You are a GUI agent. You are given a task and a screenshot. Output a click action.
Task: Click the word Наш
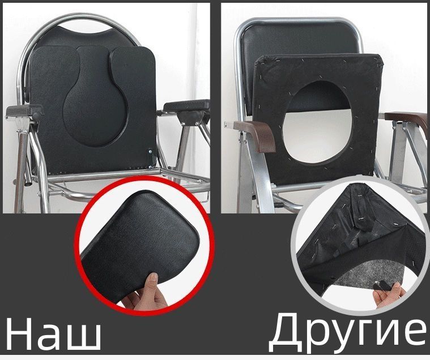click(53, 335)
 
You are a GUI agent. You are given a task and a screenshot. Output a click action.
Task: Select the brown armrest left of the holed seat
click(257, 135)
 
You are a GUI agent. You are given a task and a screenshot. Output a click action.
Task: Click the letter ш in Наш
click(83, 338)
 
